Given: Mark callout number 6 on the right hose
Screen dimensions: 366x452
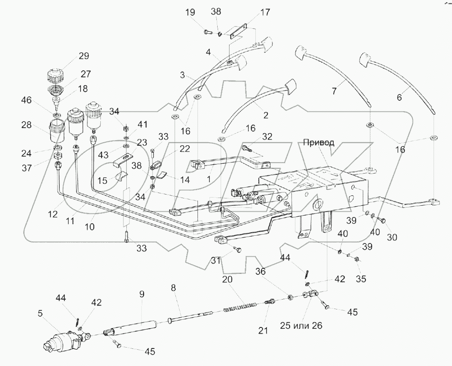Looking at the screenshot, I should pyautogui.click(x=399, y=97).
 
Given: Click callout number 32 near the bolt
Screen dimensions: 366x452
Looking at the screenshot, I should pyautogui.click(x=267, y=137).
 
